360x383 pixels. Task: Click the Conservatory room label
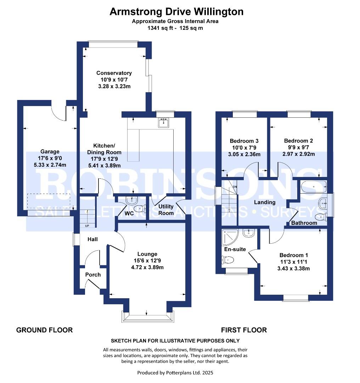[x=114, y=73]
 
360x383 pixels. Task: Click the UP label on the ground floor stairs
[x=87, y=226]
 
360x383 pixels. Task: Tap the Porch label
[x=93, y=274]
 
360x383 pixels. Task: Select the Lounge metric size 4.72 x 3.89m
[x=147, y=267]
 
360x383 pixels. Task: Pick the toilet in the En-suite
[x=229, y=261]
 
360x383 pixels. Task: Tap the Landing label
[x=265, y=202]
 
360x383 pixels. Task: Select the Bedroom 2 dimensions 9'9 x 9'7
[x=298, y=147]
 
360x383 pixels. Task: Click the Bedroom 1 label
[x=294, y=255]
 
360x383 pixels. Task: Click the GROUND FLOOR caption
[x=44, y=330]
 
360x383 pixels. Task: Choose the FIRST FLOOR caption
[x=244, y=330]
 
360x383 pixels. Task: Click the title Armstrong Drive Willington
[x=176, y=12]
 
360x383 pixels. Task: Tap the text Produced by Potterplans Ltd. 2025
[x=175, y=373]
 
